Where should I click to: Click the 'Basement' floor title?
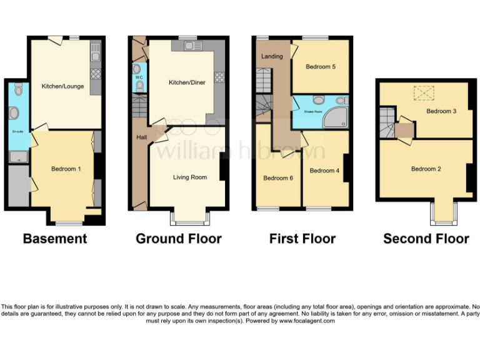55,239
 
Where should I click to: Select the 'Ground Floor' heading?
178,239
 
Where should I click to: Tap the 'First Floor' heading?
302,239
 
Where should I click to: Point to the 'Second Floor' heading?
426,239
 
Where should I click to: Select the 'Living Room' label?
189,177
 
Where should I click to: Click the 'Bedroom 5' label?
321,67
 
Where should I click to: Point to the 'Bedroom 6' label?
277,178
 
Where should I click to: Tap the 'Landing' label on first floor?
272,56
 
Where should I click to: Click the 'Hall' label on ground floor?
141,137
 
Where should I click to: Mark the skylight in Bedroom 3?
424,94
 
